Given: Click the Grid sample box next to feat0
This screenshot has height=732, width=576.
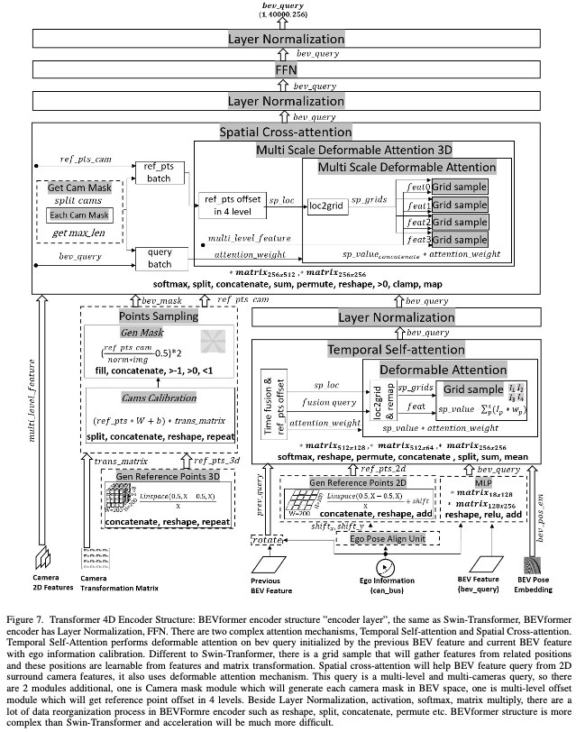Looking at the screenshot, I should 458,187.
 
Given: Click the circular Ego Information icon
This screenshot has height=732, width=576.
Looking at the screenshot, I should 386,568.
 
